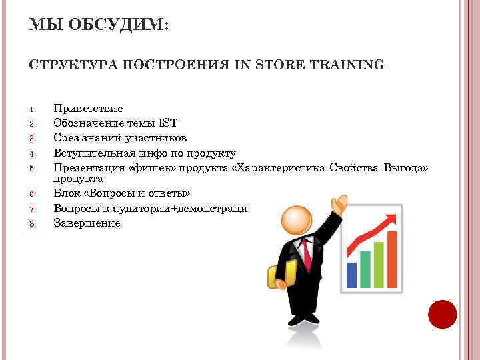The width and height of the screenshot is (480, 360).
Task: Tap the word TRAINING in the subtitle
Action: pos(347,65)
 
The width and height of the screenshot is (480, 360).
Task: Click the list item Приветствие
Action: pos(88,108)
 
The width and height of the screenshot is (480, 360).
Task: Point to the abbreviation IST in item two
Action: pos(168,123)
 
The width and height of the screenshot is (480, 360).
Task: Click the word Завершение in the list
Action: pos(87,223)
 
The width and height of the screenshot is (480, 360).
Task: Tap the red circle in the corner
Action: pos(441,315)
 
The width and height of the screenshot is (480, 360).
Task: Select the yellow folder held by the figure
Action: pos(282,275)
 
